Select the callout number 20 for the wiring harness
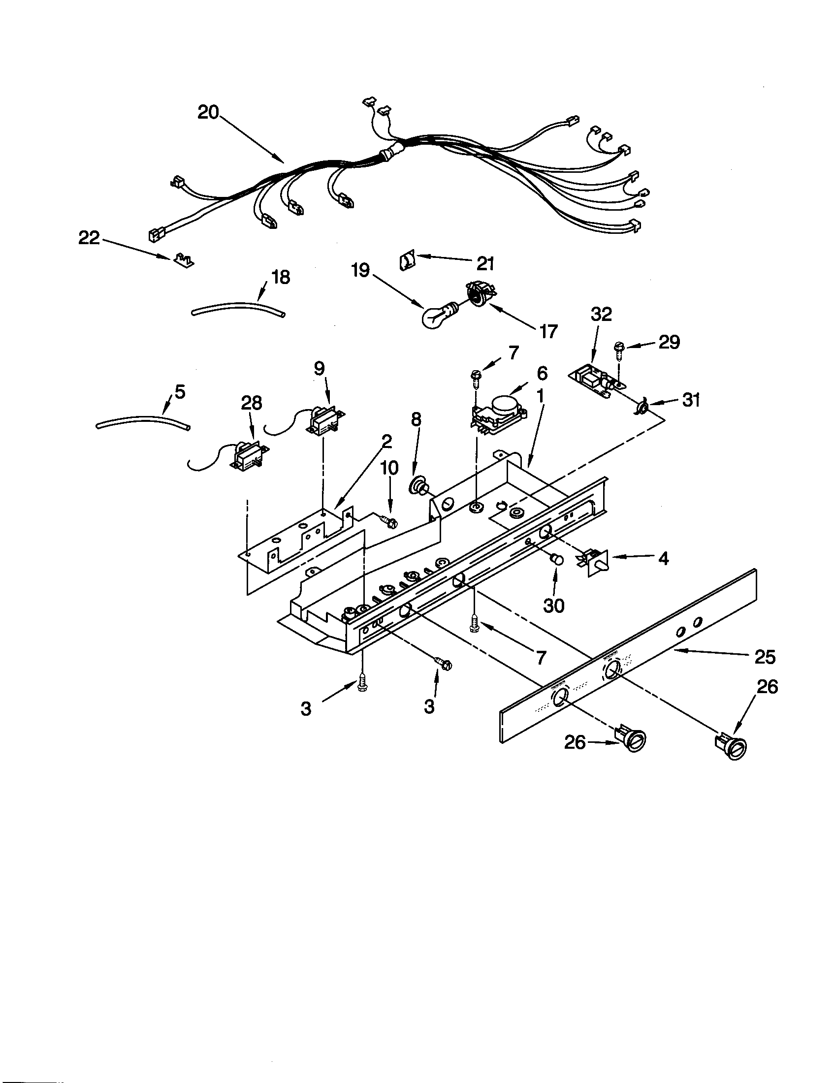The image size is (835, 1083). (x=208, y=113)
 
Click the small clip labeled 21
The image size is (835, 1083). (x=406, y=260)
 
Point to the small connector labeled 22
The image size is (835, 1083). (x=184, y=259)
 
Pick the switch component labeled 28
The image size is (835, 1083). (x=246, y=455)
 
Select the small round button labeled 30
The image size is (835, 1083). (x=558, y=560)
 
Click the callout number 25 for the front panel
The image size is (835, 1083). (x=764, y=657)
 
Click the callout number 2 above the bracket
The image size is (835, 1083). (x=387, y=441)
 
